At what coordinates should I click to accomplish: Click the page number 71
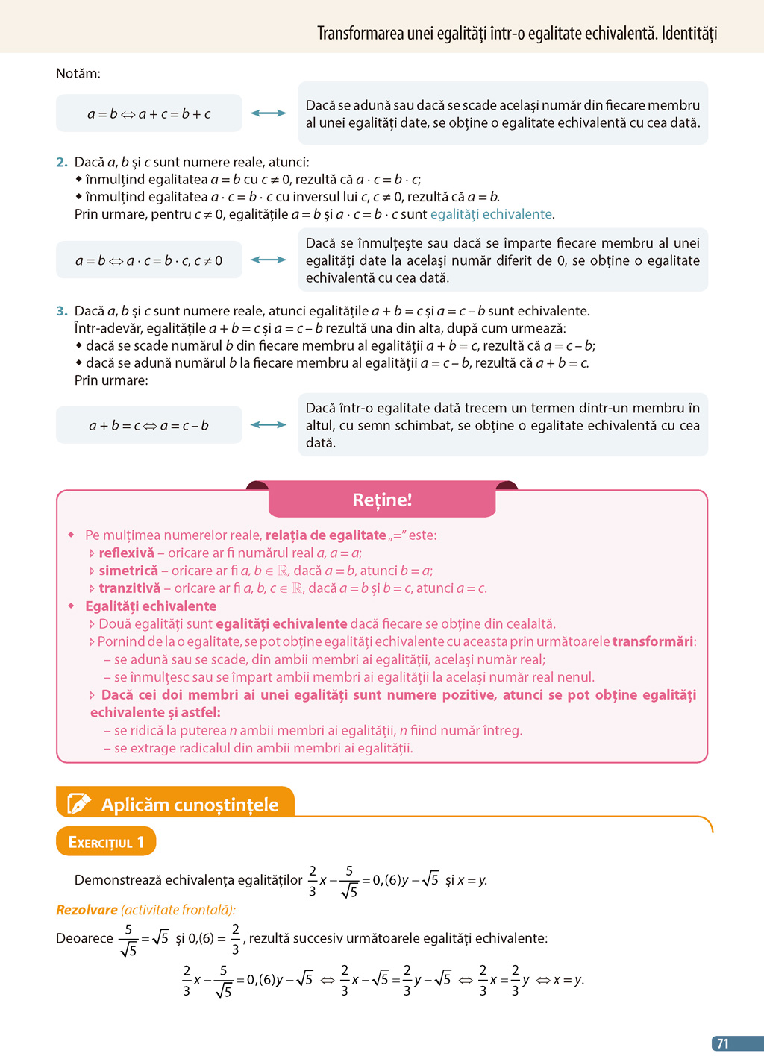[x=722, y=1044]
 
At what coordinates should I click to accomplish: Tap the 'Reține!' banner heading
[x=382, y=500]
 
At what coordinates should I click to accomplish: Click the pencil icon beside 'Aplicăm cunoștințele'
[x=78, y=803]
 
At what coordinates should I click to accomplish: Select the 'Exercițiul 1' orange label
[x=106, y=842]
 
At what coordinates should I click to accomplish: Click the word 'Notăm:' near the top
[x=78, y=73]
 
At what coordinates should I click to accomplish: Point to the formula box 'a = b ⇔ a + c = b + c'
[x=149, y=113]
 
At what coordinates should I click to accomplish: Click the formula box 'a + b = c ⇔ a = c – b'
[x=149, y=425]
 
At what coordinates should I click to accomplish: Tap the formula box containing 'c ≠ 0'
[x=149, y=260]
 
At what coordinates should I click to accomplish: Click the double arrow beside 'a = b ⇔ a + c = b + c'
[x=269, y=113]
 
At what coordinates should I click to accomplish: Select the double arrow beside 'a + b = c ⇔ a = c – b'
[x=269, y=425]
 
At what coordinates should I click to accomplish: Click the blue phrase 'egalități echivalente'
[x=492, y=214]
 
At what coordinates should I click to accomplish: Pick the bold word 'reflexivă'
[x=126, y=553]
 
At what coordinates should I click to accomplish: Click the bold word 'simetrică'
[x=128, y=571]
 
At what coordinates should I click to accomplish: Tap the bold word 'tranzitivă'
[x=129, y=588]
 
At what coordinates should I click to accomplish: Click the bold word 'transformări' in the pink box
[x=653, y=641]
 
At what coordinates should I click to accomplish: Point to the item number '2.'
[x=62, y=162]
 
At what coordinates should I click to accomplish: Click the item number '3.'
[x=62, y=311]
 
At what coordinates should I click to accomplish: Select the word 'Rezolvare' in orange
[x=87, y=910]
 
